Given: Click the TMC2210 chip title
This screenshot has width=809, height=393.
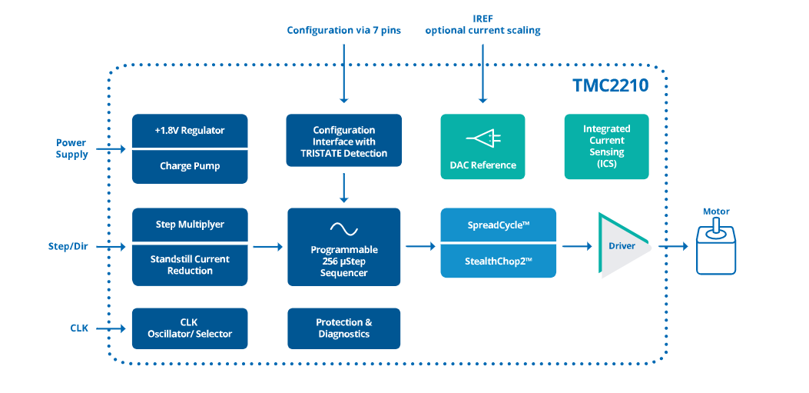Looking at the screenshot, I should pos(610,85).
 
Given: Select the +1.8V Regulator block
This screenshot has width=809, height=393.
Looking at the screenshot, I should pos(190,131).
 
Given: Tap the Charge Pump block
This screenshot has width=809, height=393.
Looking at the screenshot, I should pos(190,166).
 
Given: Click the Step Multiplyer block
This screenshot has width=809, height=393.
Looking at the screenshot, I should pos(190,224).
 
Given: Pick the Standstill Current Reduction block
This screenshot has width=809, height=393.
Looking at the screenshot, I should pos(190,265).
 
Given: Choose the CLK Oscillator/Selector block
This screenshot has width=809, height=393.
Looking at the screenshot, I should pos(190,328).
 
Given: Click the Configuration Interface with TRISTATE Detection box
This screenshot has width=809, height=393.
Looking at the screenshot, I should pos(343,142).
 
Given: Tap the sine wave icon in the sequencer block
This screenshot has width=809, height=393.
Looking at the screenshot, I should pos(343,228).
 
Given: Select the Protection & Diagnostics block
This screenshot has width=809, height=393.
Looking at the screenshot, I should pos(343,328).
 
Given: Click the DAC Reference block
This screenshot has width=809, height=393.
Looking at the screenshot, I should pos(482,147).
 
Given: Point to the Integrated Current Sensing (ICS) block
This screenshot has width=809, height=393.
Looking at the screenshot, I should pos(606,146).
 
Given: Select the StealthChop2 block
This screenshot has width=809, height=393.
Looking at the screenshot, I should pos(498,261).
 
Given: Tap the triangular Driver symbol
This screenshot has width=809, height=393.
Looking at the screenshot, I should pos(619,246).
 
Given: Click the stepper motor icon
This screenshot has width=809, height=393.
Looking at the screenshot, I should pos(716,247).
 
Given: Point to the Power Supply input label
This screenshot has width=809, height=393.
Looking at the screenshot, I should pos(71,148).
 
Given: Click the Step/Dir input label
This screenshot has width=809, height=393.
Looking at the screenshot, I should pos(68,247).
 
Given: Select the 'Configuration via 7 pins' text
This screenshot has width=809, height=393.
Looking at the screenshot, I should pos(343,31).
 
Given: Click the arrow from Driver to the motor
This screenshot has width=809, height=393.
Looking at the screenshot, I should pos(671,247).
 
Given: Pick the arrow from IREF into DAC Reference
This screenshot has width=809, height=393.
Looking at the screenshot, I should pos(482,73).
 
